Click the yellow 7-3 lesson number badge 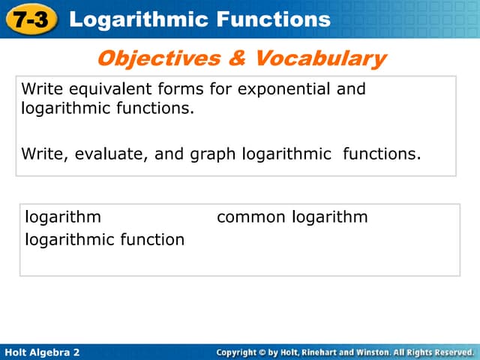tap(30, 19)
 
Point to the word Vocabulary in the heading tap(325, 58)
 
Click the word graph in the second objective tap(213, 155)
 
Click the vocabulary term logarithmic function tap(104, 240)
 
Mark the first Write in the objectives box tap(42, 89)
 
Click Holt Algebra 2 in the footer tap(42, 352)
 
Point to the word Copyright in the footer tap(241, 352)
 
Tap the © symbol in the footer tap(273, 352)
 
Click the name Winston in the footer tap(381, 352)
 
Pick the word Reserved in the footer tap(451, 352)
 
